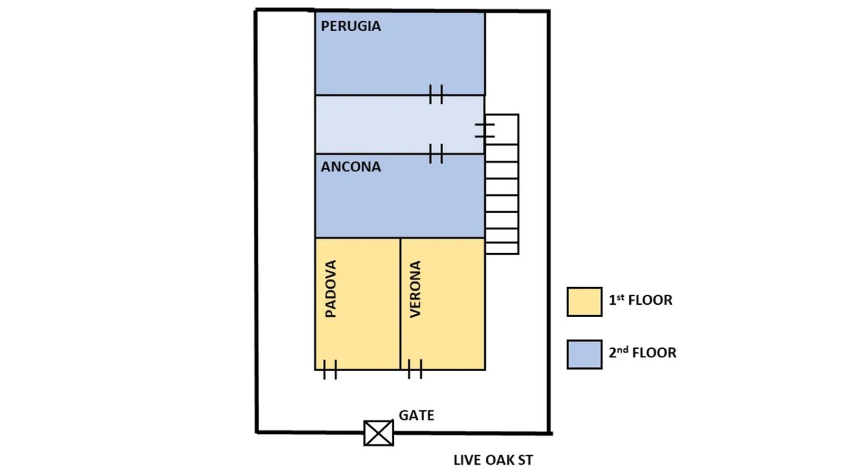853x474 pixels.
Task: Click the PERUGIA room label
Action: (351, 26)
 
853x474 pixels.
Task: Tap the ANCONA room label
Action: (351, 167)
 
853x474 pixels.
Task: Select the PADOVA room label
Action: (331, 288)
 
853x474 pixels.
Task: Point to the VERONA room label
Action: (415, 289)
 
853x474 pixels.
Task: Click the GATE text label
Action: (416, 415)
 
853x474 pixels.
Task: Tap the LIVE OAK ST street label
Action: (493, 460)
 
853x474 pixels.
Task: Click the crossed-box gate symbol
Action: (379, 433)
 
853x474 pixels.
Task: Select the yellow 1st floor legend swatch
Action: (584, 301)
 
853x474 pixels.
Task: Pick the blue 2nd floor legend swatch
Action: (584, 354)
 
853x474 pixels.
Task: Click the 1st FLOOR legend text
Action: (640, 300)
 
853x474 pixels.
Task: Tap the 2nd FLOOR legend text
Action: (642, 353)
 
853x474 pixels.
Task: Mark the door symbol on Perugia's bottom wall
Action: (436, 94)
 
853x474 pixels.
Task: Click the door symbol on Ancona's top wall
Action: (436, 154)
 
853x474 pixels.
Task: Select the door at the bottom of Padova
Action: (330, 369)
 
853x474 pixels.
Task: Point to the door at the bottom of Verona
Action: (415, 369)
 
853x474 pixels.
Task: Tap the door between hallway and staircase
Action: (485, 130)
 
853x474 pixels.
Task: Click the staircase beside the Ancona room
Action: (501, 199)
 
